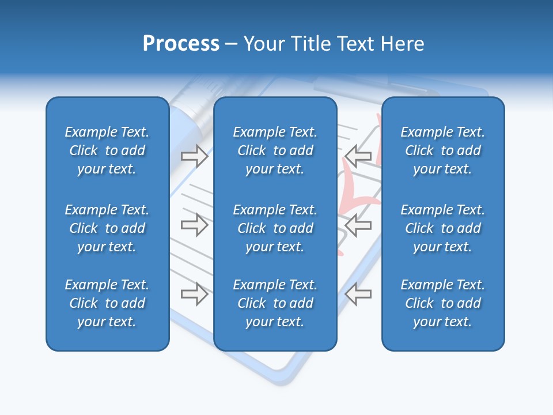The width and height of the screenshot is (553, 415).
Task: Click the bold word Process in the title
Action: pyautogui.click(x=181, y=44)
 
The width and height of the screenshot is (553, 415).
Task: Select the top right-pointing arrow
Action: pyautogui.click(x=194, y=156)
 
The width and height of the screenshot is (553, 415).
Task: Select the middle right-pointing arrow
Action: pyautogui.click(x=194, y=224)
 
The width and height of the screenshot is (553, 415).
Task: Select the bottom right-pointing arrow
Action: pyautogui.click(x=194, y=293)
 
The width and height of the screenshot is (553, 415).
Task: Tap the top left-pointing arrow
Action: pyautogui.click(x=358, y=156)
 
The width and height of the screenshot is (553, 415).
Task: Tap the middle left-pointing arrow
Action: pyautogui.click(x=358, y=224)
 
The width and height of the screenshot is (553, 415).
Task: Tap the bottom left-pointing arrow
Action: pyautogui.click(x=358, y=293)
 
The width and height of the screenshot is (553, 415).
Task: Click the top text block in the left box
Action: pyautogui.click(x=107, y=150)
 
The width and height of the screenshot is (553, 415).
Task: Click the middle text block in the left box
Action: pyautogui.click(x=107, y=228)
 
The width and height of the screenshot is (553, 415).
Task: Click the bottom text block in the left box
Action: pyautogui.click(x=107, y=303)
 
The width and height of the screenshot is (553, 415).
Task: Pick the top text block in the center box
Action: pyautogui.click(x=275, y=150)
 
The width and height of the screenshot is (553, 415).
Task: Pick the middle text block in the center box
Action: pyautogui.click(x=275, y=228)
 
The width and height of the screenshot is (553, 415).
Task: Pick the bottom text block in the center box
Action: pyautogui.click(x=275, y=303)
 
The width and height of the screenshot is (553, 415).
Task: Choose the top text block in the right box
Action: pyautogui.click(x=442, y=150)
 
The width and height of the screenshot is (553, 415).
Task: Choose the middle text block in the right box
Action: pyautogui.click(x=442, y=228)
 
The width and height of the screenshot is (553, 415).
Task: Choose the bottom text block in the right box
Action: pyautogui.click(x=442, y=303)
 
